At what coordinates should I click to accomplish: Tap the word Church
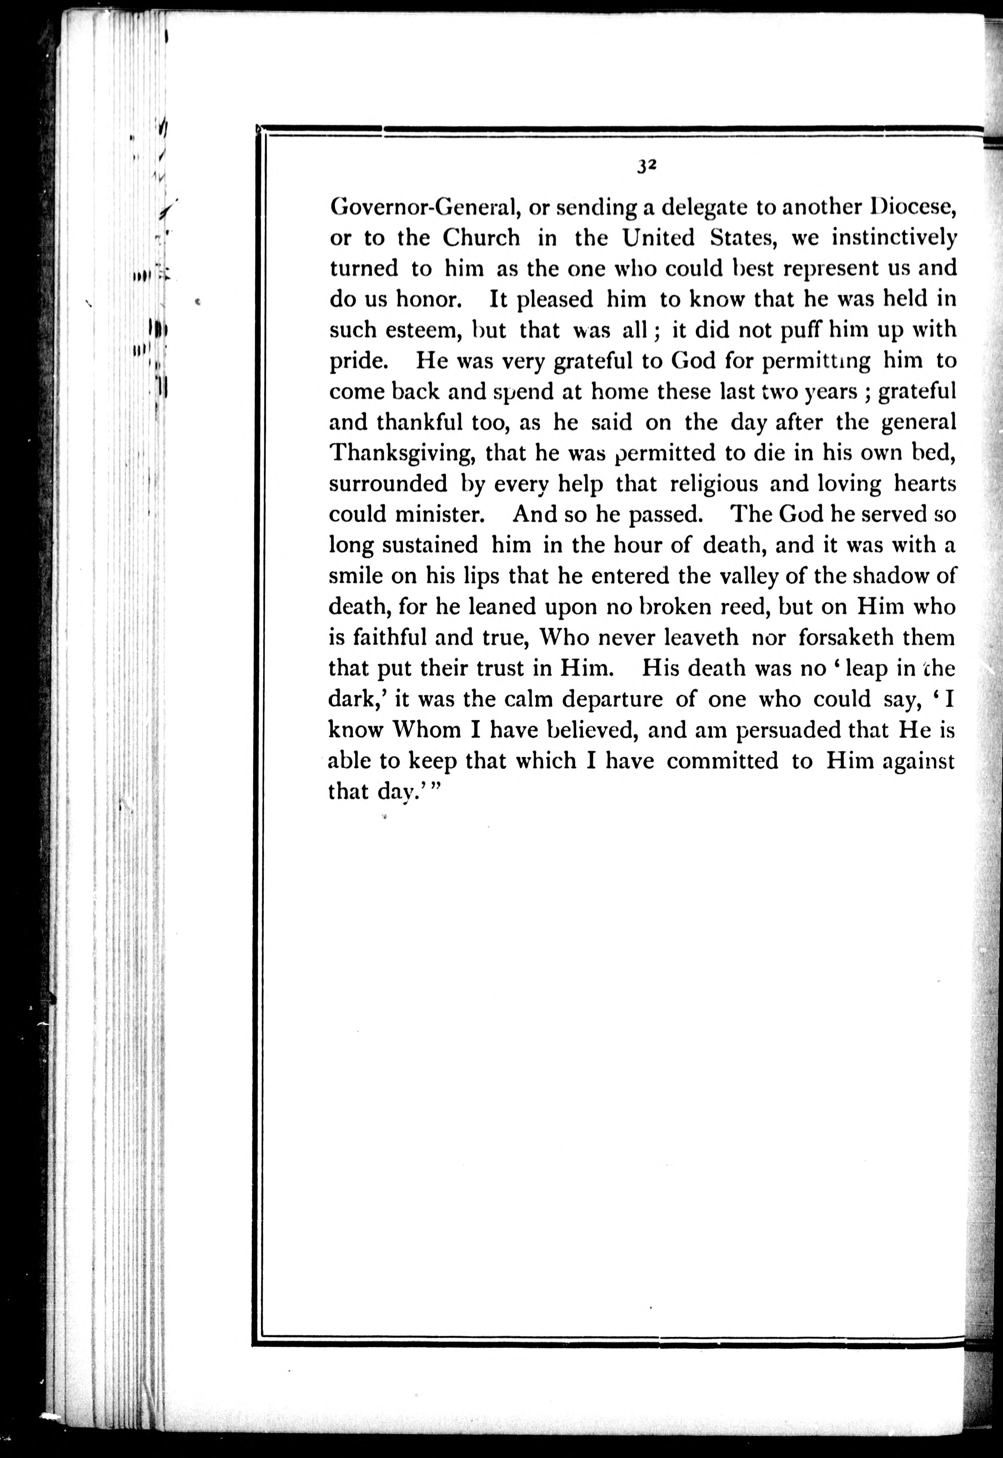[x=481, y=238]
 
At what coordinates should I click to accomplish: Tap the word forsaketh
[x=846, y=637]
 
